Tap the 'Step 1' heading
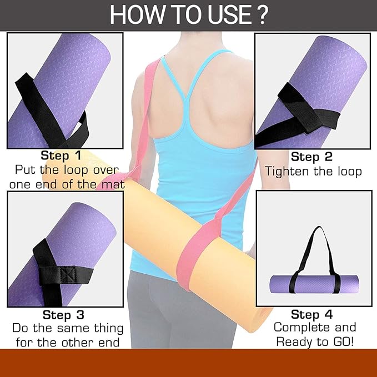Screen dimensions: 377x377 click(61, 155)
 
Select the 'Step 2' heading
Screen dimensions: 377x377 click(311, 157)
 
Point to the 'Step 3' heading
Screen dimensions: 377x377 click(63, 314)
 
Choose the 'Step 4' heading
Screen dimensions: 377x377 click(312, 314)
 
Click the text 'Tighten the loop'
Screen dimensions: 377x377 click(313, 172)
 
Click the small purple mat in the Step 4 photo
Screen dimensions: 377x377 click(314, 284)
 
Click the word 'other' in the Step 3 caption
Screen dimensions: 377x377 click(79, 343)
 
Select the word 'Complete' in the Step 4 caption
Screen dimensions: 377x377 click(303, 328)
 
